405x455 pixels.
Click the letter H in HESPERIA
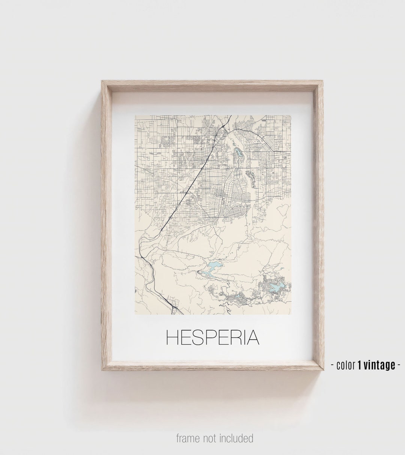click(x=172, y=337)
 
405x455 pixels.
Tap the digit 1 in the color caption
click(x=360, y=365)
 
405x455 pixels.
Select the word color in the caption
click(x=346, y=365)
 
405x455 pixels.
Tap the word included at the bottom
click(x=235, y=438)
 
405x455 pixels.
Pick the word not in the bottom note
click(x=210, y=438)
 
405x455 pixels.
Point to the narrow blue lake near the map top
click(x=238, y=152)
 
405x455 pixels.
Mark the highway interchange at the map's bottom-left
click(x=174, y=308)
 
